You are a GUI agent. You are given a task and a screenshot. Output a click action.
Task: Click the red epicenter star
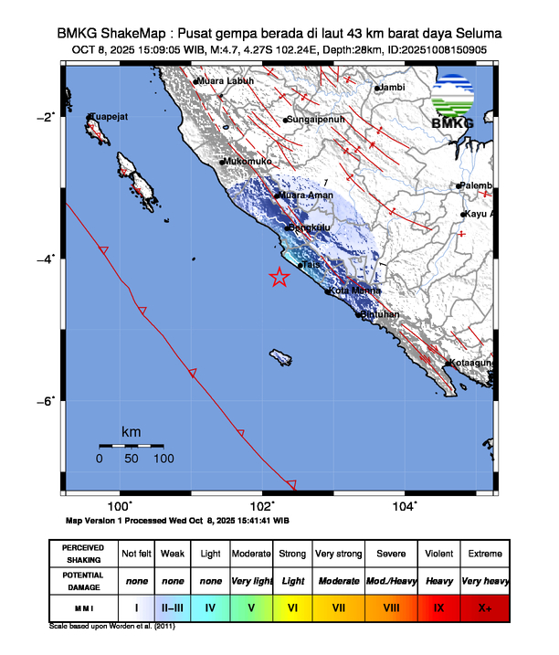point(279,278)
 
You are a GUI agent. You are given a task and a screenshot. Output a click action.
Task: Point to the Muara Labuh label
point(226,81)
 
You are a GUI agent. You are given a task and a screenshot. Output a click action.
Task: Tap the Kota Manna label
point(353,291)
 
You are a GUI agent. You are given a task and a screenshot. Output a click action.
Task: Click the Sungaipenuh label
point(314,120)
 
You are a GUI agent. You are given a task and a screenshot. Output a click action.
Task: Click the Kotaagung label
point(471,364)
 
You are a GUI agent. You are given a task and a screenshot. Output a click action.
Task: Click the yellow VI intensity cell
point(293,605)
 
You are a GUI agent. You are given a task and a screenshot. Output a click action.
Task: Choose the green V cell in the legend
point(252,605)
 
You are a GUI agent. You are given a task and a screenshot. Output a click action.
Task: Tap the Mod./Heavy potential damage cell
point(391,579)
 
